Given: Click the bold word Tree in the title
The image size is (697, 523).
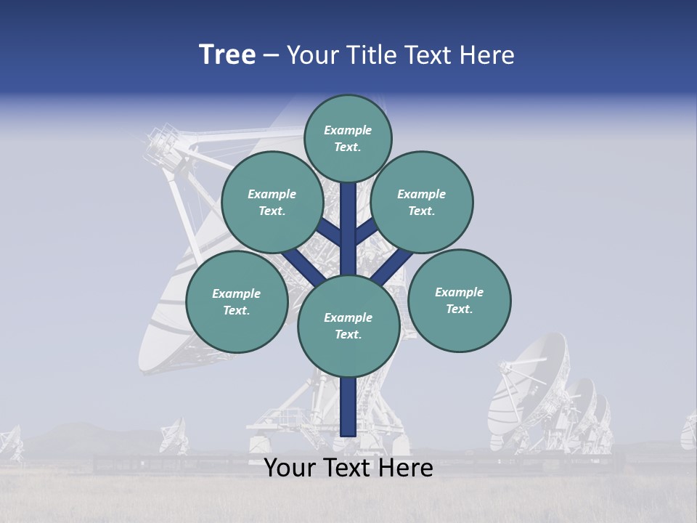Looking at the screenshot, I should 227,55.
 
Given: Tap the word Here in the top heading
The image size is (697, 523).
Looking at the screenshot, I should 487,55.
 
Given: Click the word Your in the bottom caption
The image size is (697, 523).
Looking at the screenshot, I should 290,468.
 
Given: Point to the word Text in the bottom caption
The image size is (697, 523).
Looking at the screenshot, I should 349,468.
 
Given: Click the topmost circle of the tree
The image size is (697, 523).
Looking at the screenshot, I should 348,138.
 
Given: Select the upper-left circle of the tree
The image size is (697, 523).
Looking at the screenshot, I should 272,202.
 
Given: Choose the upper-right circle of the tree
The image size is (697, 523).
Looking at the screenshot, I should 422,202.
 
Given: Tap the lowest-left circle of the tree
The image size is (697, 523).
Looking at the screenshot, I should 237,302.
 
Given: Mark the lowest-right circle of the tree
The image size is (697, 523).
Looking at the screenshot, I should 459,300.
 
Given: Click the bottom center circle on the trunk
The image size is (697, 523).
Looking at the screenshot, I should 348,326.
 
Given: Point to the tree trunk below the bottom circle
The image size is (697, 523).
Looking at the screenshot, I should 348,407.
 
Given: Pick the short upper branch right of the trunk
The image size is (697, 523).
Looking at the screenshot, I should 366,232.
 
